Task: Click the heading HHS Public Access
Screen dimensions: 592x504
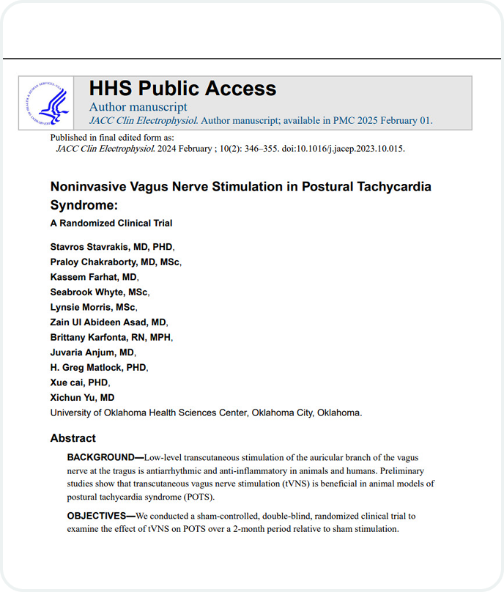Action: point(182,89)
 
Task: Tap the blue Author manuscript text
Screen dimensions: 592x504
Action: point(138,107)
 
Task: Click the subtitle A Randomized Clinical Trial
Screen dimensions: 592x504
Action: point(111,223)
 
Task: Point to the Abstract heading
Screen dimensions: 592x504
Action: point(73,438)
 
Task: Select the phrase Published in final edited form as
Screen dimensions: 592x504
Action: point(111,137)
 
